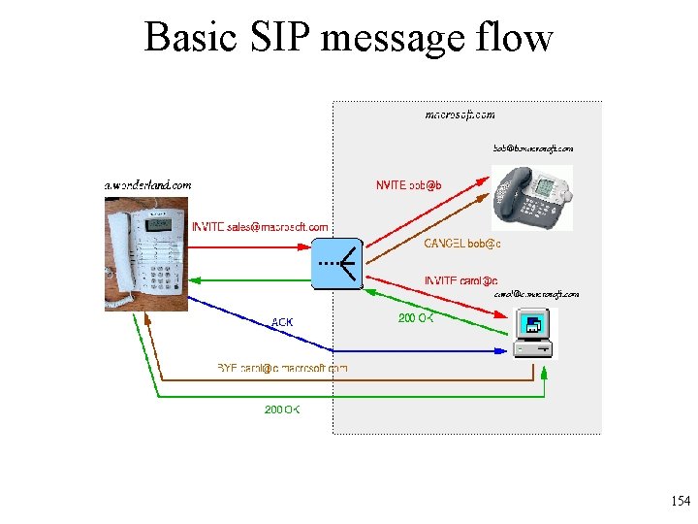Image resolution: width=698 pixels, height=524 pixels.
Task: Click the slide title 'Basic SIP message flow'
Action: coord(348,38)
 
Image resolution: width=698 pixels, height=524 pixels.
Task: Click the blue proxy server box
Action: coord(337,263)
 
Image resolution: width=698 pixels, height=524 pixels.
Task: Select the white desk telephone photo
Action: coord(146,252)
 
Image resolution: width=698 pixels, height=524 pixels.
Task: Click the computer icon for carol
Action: coord(534,333)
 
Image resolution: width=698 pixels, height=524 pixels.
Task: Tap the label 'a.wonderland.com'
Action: coord(147,184)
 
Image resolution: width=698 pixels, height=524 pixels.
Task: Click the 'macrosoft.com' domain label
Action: coord(460,115)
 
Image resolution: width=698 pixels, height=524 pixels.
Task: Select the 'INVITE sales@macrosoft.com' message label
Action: coord(260,227)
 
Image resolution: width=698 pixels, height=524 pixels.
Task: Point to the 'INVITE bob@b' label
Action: coord(415,185)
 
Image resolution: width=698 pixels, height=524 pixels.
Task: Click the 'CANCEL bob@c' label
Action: coord(461,244)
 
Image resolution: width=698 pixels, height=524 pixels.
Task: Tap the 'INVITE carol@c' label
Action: coord(460,281)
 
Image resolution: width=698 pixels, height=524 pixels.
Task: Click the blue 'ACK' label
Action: coord(282,322)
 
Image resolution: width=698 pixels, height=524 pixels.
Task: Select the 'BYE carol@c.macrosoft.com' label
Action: coord(281,369)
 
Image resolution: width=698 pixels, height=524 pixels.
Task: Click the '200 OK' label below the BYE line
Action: coord(282,410)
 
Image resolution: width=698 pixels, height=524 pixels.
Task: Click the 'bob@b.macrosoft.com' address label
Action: coord(533,148)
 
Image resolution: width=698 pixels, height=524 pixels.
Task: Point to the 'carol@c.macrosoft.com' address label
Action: coord(536,294)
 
